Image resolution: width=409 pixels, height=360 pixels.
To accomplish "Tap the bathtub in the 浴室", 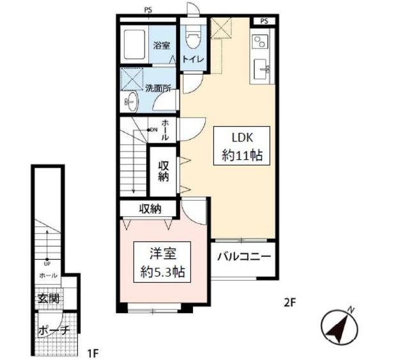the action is point(134,44).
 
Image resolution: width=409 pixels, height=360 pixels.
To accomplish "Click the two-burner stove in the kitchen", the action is point(260,42).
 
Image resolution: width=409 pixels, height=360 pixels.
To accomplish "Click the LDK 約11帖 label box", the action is point(242,146).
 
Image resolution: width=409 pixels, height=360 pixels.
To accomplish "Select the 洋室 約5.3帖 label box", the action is point(162,262).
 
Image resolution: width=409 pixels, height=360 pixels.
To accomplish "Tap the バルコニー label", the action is point(244,256).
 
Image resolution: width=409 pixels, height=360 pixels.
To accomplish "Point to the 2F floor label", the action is point(289,303).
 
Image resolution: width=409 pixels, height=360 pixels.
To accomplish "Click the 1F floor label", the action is point(93,354).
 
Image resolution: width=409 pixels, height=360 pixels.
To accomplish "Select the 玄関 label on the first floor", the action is point(49,299).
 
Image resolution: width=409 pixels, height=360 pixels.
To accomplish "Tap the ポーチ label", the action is point(54,331).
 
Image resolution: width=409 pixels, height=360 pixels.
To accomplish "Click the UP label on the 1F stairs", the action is point(47,263).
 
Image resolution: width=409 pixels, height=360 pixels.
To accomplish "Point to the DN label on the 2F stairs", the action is point(154,130).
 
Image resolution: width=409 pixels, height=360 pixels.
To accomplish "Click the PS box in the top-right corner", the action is point(264,21).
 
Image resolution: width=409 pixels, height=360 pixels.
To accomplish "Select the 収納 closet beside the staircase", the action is point(164,171).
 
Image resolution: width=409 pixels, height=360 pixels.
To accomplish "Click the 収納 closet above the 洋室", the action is point(150,208).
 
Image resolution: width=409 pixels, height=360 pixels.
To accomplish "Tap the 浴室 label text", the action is point(162,45).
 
